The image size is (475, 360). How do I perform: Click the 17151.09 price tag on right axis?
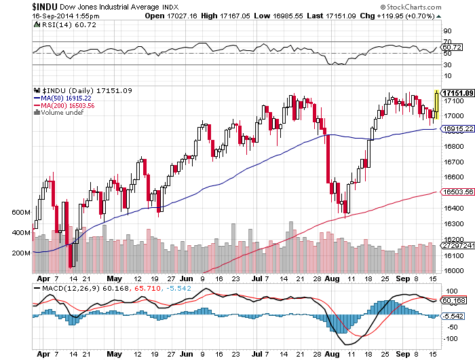point(457,92)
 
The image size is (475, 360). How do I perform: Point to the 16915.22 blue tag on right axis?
point(457,128)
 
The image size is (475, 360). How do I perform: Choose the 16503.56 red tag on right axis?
point(457,193)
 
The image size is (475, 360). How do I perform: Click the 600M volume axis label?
point(21,213)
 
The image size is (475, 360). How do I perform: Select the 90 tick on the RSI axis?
point(446,31)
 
